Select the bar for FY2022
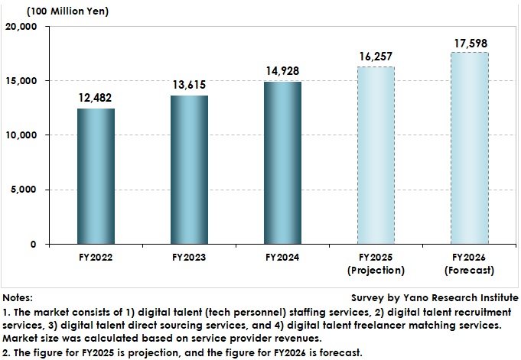click(x=96, y=177)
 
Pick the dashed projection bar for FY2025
click(x=376, y=155)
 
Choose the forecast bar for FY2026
click(x=469, y=148)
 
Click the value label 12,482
click(x=96, y=98)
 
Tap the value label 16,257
click(x=376, y=57)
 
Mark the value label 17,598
click(x=469, y=42)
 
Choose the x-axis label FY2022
click(x=96, y=258)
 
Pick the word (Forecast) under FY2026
click(x=469, y=271)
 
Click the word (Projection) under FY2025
click(x=376, y=271)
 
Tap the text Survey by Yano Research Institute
click(x=434, y=297)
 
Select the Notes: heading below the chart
click(x=18, y=297)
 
